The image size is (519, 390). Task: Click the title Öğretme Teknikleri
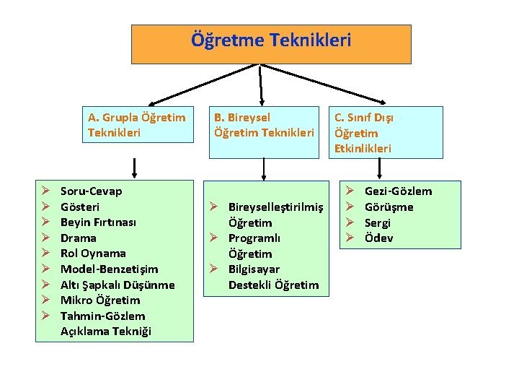point(271,40)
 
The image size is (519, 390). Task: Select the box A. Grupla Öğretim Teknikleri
point(136,124)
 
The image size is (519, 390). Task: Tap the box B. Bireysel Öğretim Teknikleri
point(264,124)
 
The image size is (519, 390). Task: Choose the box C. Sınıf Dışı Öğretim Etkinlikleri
point(386,132)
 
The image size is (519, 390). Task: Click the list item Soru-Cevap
point(91,191)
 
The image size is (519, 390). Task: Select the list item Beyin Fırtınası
point(98,222)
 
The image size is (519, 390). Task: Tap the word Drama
point(78,238)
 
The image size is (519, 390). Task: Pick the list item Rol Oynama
point(93,253)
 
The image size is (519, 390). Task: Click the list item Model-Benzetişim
point(109,269)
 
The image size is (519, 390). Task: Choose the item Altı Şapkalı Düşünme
point(117,285)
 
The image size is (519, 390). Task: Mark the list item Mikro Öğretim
point(99,300)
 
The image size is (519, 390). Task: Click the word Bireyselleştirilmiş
point(275,207)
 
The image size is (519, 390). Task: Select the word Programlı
point(254,238)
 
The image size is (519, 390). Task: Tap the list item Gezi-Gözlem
point(398,191)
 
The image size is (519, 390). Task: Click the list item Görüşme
point(389,207)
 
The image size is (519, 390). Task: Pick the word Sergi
point(377,222)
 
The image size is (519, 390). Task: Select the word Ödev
point(378,238)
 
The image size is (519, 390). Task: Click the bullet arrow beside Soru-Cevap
point(45,191)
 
